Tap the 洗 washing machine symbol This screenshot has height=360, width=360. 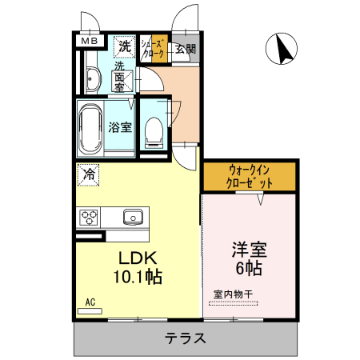point(124,46)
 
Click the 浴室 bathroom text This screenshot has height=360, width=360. point(119,125)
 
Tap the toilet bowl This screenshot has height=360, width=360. point(154,130)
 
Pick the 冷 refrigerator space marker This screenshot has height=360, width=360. point(88,173)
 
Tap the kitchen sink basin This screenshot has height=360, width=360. point(131,217)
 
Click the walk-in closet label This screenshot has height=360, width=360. point(250,176)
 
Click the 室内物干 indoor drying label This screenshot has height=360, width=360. point(233,294)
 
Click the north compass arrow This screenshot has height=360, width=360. point(282,50)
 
